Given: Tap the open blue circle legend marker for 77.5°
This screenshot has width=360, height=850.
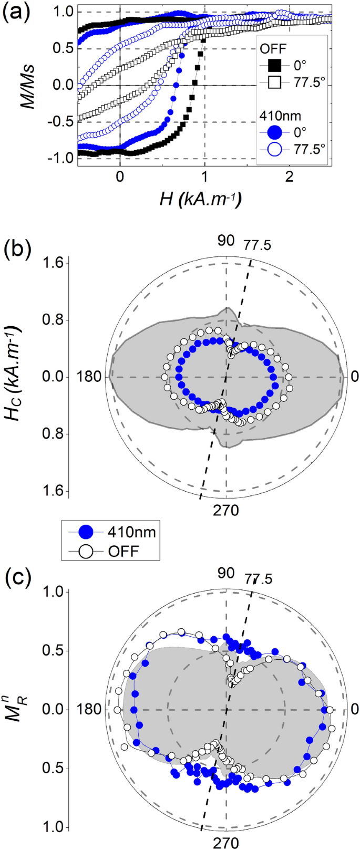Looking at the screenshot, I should click(274, 150).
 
